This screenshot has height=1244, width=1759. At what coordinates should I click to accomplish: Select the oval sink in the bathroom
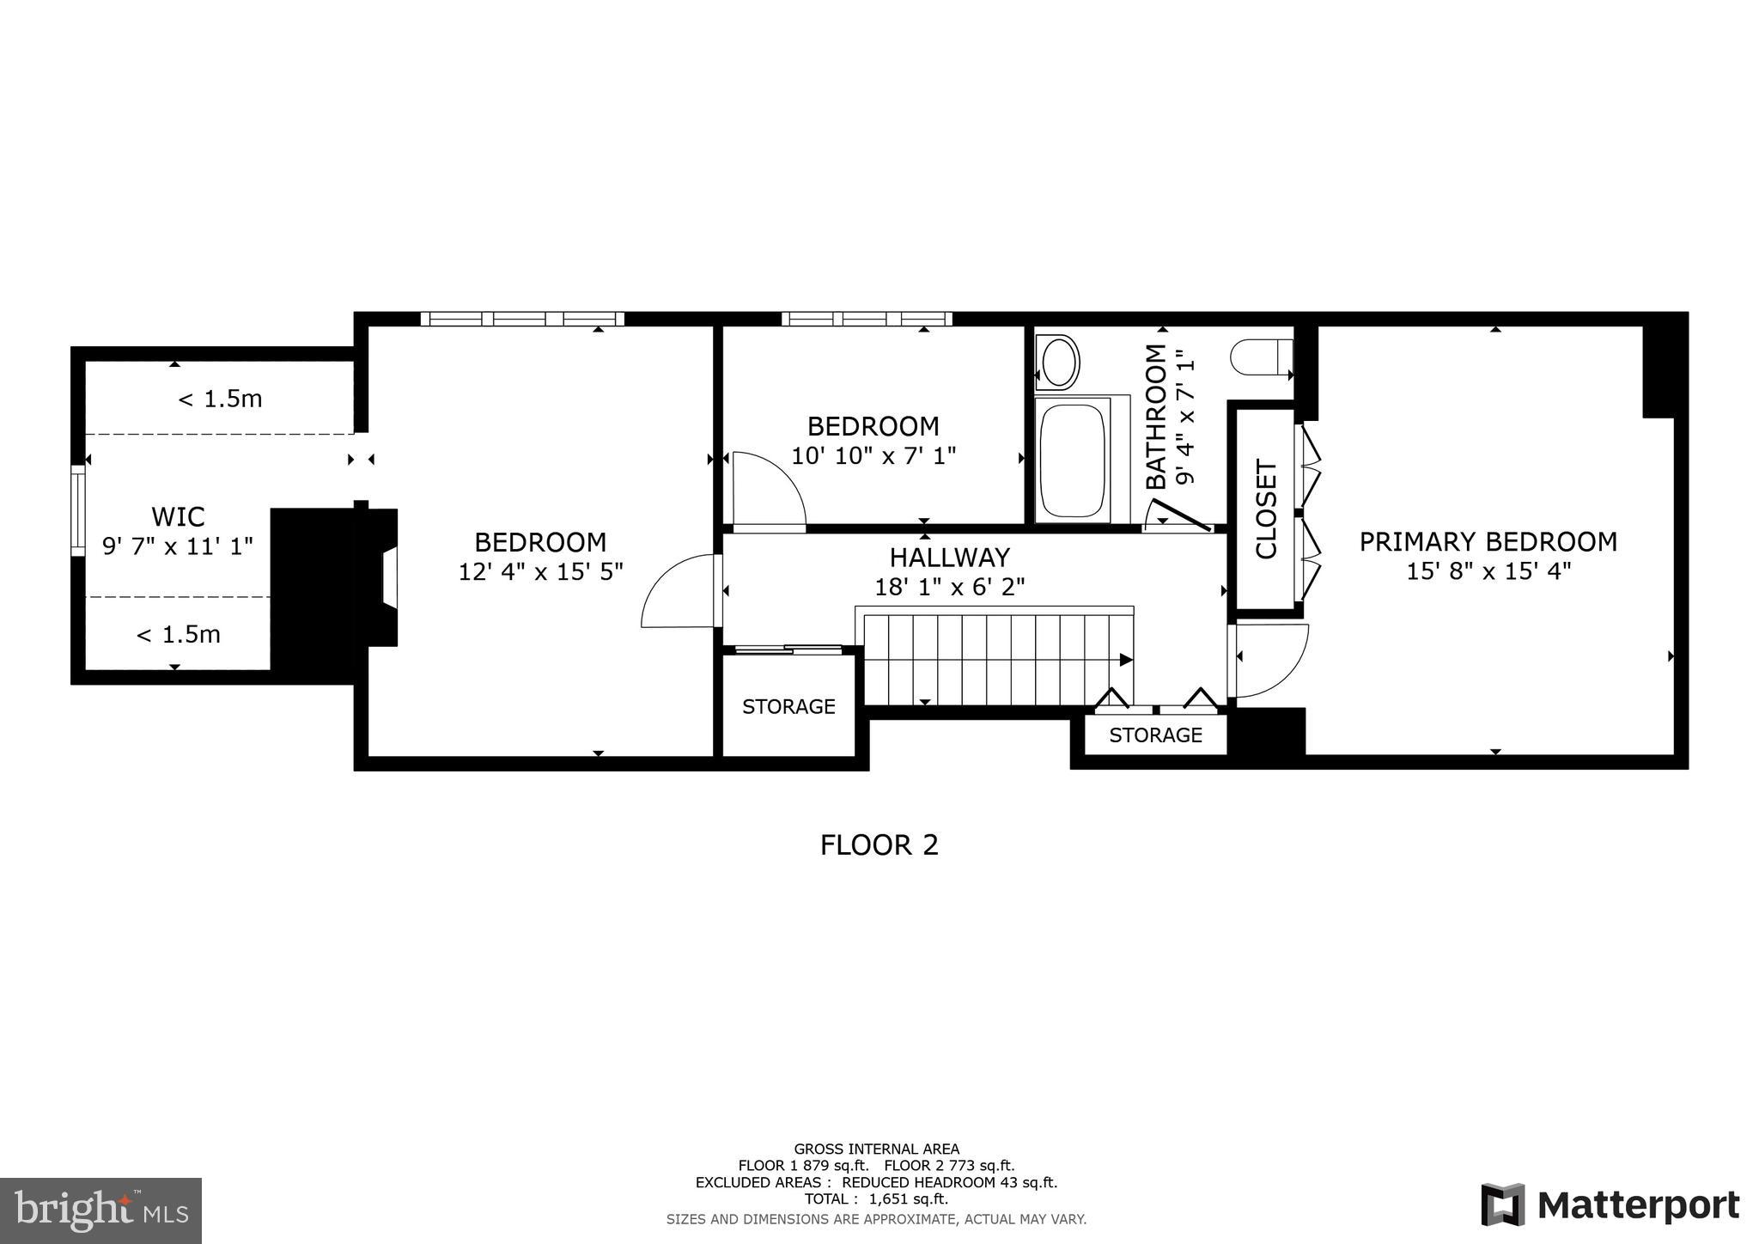point(1058,362)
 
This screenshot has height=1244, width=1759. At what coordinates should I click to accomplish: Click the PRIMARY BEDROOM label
point(1488,541)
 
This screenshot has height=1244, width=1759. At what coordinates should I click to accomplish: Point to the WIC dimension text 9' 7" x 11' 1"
point(178,546)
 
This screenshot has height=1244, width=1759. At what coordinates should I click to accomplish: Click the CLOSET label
point(1267,509)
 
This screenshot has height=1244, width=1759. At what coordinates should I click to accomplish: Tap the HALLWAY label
point(949,558)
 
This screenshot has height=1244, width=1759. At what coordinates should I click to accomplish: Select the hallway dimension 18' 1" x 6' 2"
point(949,587)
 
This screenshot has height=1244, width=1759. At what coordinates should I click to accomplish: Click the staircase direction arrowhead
point(1126,660)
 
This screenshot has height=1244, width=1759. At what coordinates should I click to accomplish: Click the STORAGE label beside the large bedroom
point(788,706)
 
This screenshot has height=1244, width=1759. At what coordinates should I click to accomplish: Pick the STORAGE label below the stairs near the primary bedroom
point(1155,735)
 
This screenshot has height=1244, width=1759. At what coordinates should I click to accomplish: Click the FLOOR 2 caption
point(879,845)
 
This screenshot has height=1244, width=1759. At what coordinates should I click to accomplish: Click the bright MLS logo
point(101,1211)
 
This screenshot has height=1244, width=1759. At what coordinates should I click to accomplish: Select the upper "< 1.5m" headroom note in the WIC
point(220,399)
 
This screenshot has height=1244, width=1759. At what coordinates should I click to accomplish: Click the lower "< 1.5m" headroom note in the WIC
point(178,634)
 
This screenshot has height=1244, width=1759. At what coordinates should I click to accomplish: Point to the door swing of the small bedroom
point(767,490)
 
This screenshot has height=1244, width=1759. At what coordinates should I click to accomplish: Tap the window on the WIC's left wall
point(78,511)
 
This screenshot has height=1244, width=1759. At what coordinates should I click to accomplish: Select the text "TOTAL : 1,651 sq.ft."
point(876,1199)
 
